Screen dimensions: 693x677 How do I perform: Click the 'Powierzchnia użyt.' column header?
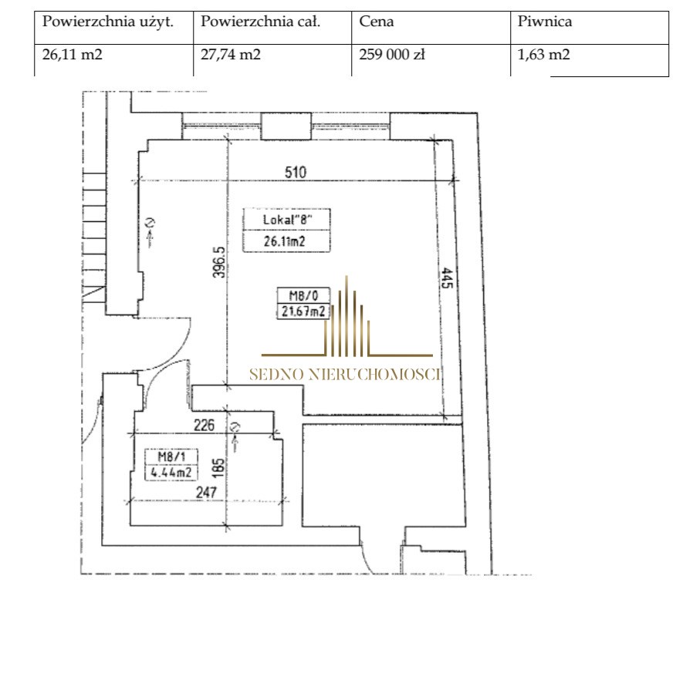pos(108,22)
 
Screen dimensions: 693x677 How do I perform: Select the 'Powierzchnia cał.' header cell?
pos(260,22)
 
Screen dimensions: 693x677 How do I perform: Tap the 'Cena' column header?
pos(376,22)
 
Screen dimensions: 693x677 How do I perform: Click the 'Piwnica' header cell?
pos(545,22)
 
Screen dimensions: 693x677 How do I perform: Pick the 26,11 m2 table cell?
pos(72,55)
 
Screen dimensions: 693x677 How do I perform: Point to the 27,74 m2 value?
pos(230,55)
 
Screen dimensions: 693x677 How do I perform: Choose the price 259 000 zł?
pos(392,55)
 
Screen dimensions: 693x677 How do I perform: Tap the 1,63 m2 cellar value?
pos(543,55)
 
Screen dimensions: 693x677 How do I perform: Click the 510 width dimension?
pos(296,172)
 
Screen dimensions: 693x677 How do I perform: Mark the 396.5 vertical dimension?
pos(219,262)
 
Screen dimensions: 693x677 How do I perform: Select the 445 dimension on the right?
pos(447,278)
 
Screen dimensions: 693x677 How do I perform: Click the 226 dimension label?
pos(204,426)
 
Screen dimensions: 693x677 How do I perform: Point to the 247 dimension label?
pos(206,493)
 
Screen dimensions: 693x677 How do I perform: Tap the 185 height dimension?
pos(218,468)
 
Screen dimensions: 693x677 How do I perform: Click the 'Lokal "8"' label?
pos(287,220)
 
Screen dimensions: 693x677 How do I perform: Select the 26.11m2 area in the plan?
pos(284,241)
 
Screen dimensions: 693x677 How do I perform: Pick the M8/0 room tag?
pos(303,295)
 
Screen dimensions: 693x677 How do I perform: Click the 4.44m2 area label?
pos(171,473)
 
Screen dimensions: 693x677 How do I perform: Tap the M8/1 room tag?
pos(171,456)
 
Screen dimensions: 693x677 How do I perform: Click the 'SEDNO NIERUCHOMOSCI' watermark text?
pos(345,375)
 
